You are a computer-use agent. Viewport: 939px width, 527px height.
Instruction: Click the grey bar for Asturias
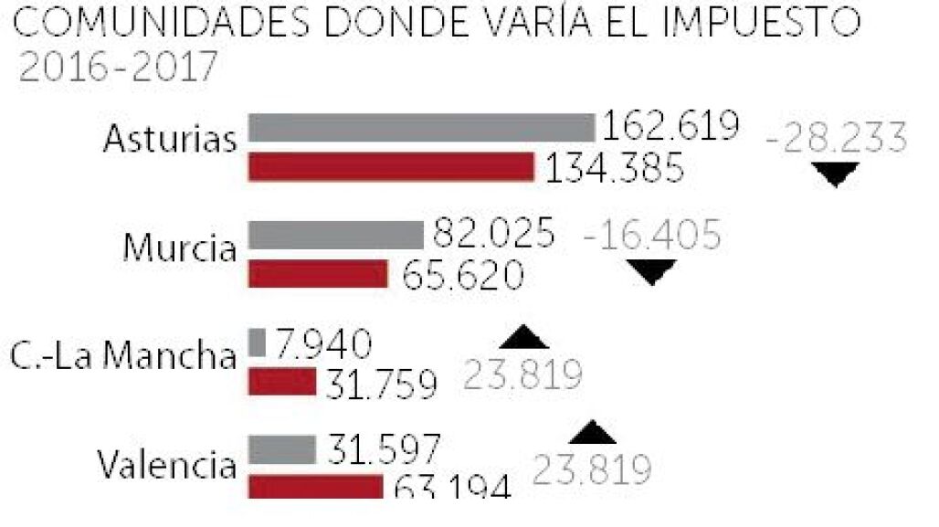pos(421,128)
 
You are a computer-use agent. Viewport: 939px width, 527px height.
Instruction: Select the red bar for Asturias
pos(391,167)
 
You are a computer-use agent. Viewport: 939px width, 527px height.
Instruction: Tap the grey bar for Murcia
pos(335,235)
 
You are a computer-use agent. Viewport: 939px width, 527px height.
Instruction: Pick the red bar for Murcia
pos(319,273)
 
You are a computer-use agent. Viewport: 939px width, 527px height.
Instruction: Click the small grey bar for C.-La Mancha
pos(257,343)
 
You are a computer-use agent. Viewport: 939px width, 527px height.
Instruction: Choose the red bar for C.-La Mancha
pos(282,382)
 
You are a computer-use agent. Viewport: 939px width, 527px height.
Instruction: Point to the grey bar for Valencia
pos(282,448)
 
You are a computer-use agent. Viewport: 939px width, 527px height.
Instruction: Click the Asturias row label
pos(170,139)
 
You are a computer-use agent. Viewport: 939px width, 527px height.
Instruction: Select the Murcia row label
pos(180,247)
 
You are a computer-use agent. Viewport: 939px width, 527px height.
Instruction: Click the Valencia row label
pos(167,465)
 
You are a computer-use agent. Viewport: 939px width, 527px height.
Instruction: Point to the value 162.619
pos(670,126)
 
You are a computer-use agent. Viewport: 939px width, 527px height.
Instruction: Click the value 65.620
pos(460,274)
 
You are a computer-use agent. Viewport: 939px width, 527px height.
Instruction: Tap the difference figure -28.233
pos(837,139)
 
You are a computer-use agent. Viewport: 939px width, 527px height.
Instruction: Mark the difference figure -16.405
pos(652,236)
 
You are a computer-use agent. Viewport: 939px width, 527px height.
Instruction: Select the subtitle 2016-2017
pos(118,68)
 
